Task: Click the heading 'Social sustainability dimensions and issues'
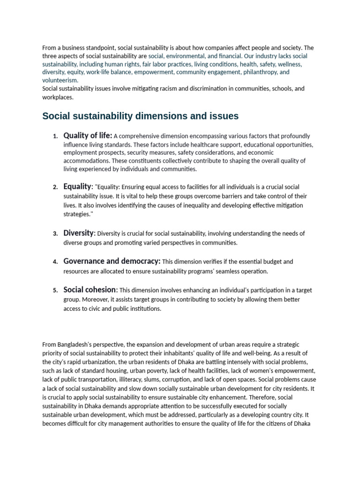click(x=140, y=116)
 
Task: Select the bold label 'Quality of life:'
click(x=88, y=136)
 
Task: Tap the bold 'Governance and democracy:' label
click(x=112, y=261)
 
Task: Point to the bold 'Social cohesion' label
click(x=90, y=290)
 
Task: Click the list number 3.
click(x=55, y=233)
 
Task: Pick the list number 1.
click(x=55, y=136)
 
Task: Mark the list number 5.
click(x=55, y=290)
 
